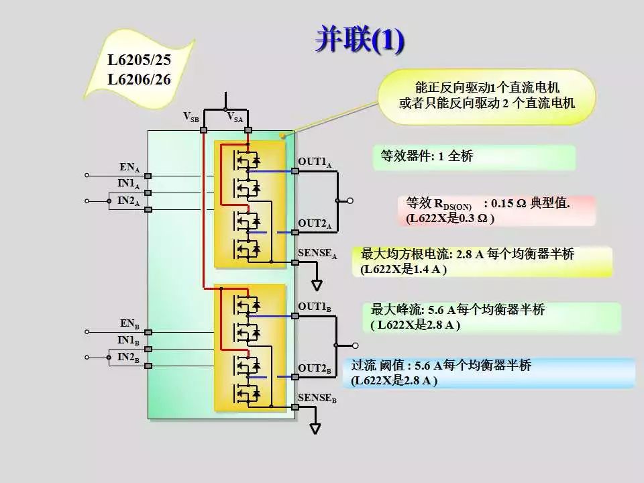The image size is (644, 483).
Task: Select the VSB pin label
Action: tap(191, 117)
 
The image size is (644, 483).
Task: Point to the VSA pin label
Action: tap(235, 117)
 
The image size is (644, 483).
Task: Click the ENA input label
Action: tap(129, 168)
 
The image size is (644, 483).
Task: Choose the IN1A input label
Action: tap(129, 184)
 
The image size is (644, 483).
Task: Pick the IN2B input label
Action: tap(128, 358)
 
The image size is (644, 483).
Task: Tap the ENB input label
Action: tap(129, 325)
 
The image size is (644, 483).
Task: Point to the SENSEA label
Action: tap(317, 254)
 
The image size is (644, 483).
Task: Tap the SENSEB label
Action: tap(317, 398)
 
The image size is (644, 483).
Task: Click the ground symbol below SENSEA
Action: tap(317, 285)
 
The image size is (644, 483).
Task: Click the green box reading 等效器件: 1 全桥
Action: tap(474, 157)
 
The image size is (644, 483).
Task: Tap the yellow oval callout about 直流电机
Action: tap(487, 97)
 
